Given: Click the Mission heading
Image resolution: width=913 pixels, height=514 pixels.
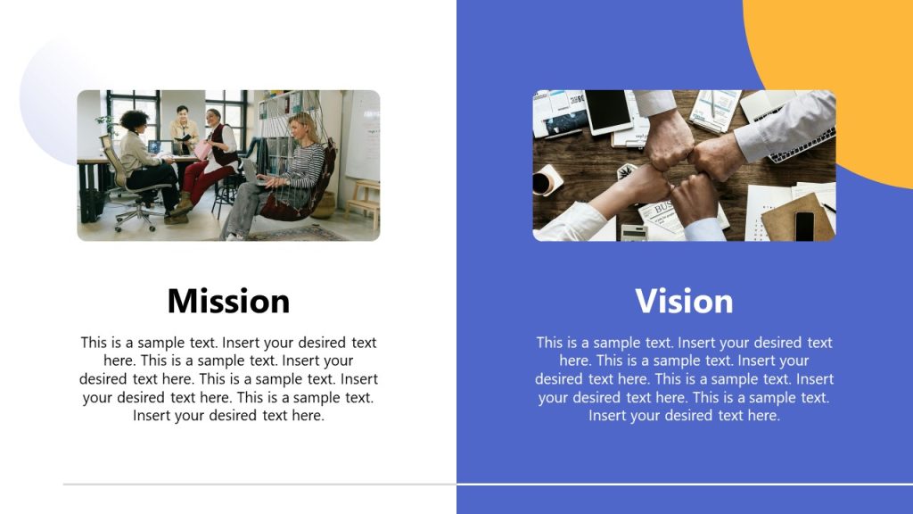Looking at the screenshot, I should [228, 301].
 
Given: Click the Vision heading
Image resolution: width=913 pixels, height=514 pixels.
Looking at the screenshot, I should [684, 301].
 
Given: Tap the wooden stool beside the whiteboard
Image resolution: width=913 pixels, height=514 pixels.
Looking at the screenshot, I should [363, 200].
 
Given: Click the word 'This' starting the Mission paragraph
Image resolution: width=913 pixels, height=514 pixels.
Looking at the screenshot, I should [95, 343].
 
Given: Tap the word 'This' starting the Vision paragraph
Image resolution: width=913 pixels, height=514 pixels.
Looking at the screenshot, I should [550, 343].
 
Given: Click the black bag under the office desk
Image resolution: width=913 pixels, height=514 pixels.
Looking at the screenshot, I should [91, 205].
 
